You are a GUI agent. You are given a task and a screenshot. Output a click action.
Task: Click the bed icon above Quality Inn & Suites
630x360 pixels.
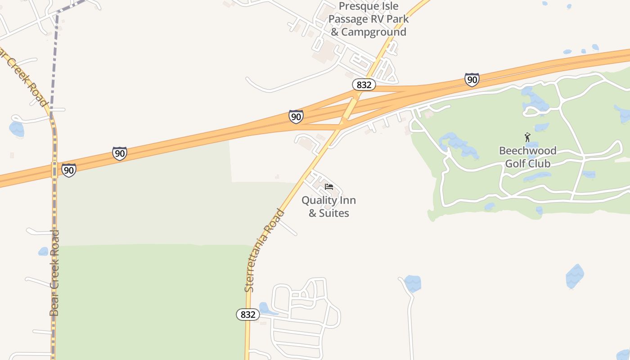pos(329,187)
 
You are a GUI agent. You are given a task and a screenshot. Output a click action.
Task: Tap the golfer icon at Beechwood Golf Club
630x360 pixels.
pos(527,137)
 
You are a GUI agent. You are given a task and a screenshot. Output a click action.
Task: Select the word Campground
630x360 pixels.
pos(373,32)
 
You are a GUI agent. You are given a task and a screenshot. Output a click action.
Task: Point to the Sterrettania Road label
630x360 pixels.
pos(265,250)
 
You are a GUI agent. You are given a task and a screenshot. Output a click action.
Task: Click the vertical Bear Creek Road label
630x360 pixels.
pos(54,273)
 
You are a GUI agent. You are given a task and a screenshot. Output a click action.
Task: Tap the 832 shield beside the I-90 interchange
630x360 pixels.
pos(364,85)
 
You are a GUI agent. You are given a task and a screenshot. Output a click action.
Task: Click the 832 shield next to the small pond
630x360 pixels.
pos(248,315)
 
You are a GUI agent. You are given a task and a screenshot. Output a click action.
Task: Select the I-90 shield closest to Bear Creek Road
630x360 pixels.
pos(68,170)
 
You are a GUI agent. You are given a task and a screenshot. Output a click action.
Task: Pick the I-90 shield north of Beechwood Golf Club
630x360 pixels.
pos(472,80)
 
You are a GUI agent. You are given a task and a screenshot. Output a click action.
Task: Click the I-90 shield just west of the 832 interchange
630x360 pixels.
pos(296,117)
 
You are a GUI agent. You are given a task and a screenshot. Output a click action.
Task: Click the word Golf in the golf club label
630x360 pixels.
pos(514,163)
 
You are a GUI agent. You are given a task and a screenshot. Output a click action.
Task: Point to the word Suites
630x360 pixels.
pos(334,213)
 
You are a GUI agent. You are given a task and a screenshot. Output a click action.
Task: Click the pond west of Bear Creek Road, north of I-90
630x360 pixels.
pos(17,129)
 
